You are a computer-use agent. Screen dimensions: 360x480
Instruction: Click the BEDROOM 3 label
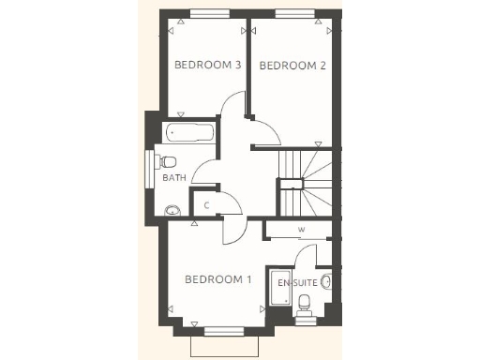pyautogui.click(x=208, y=65)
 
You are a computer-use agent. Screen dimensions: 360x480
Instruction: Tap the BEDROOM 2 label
pyautogui.click(x=292, y=66)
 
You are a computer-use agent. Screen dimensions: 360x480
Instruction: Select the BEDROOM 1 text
pyautogui.click(x=218, y=279)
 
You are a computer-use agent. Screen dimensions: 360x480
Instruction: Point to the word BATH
pyautogui.click(x=174, y=177)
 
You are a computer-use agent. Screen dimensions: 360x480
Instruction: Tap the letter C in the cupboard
pyautogui.click(x=206, y=204)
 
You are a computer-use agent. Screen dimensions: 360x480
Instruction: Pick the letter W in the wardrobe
pyautogui.click(x=301, y=230)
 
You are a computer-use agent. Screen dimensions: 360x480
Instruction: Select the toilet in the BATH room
pyautogui.click(x=168, y=160)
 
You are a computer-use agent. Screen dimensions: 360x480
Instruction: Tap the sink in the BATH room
pyautogui.click(x=172, y=211)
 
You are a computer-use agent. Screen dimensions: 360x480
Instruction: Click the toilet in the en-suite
pyautogui.click(x=305, y=302)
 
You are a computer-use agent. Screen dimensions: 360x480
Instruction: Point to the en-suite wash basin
pyautogui.click(x=326, y=280)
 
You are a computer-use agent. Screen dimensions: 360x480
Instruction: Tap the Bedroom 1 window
pyautogui.click(x=222, y=330)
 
